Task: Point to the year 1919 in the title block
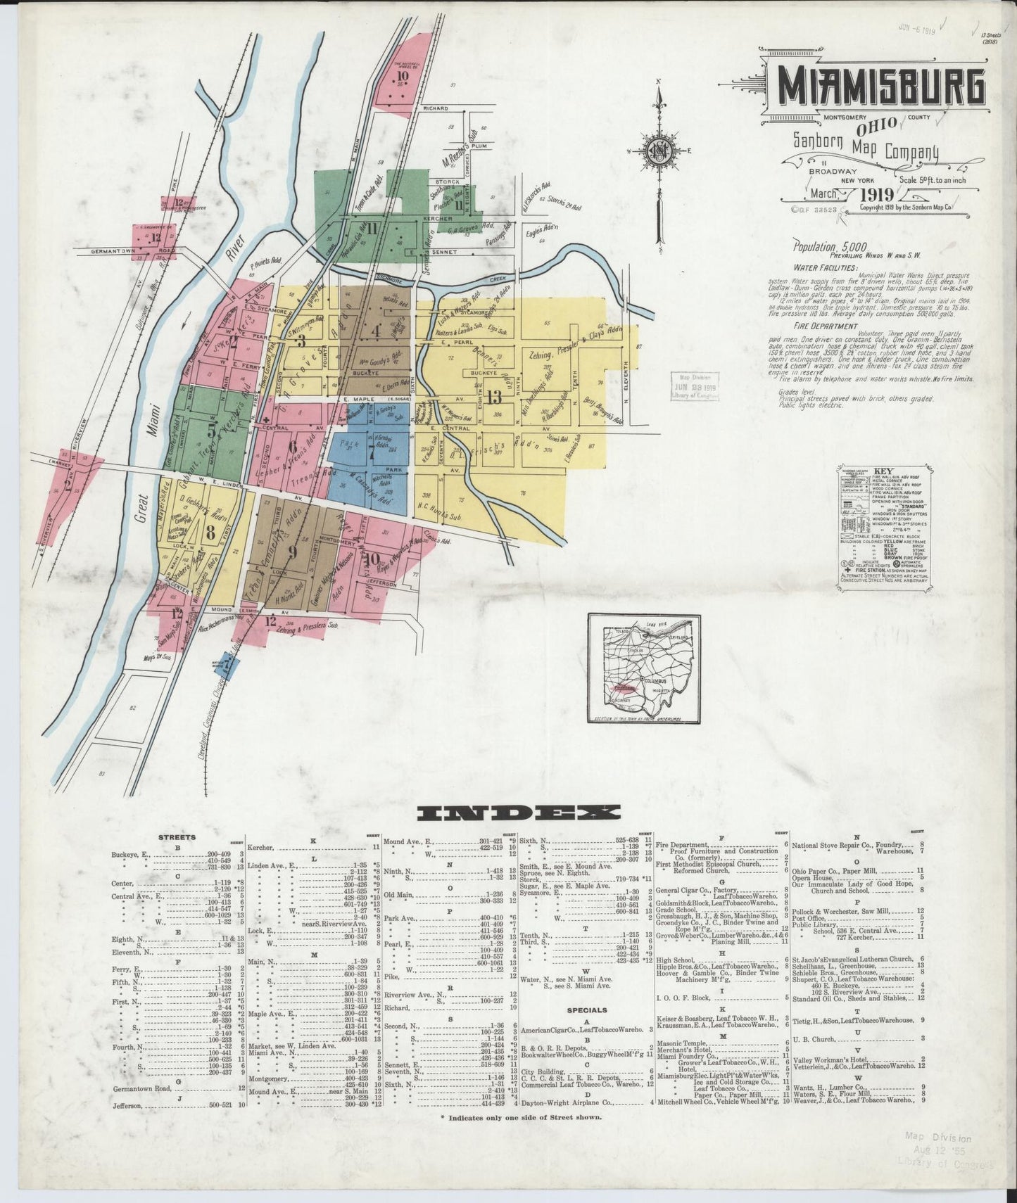pos(875,195)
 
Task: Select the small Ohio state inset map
pos(642,668)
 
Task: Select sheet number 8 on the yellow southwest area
pos(210,532)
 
